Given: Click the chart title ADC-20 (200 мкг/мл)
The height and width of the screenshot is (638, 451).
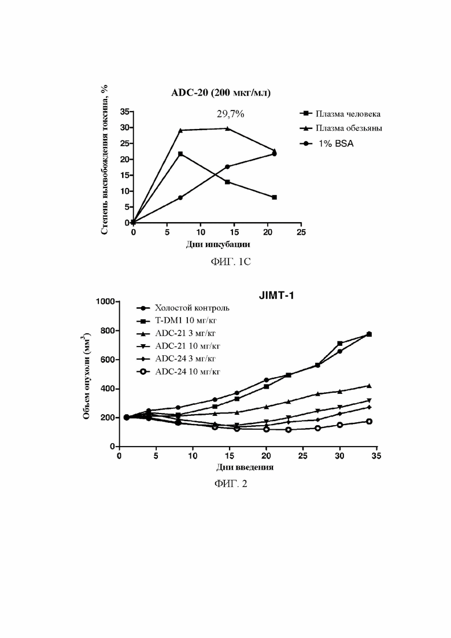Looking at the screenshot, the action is [x=221, y=93].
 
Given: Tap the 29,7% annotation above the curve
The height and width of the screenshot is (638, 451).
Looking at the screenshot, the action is [x=230, y=114].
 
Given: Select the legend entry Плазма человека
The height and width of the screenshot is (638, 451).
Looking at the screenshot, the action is [x=340, y=114].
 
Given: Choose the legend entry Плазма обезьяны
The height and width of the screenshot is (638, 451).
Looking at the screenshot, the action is [x=341, y=128].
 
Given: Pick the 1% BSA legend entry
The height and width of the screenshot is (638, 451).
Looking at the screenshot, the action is [x=327, y=143].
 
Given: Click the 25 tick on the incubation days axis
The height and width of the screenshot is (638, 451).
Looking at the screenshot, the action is [x=301, y=233].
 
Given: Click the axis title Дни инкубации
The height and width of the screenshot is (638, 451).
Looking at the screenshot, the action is [x=217, y=245].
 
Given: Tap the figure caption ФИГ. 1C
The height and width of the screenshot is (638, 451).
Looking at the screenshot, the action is [x=230, y=261].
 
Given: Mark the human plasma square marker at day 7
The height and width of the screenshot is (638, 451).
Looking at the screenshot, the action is [x=180, y=154].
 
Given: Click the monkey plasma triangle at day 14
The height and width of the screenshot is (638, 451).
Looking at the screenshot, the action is [x=227, y=128].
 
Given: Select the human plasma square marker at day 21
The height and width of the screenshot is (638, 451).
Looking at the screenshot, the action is [x=275, y=197].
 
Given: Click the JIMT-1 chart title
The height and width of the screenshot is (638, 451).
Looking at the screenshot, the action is [x=276, y=296].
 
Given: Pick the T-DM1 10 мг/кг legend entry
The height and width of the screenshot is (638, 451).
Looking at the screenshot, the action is [x=177, y=320].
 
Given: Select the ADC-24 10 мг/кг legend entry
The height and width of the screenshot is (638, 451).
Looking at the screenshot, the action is [x=179, y=371].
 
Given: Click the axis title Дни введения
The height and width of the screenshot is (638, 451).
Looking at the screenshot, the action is [x=245, y=467].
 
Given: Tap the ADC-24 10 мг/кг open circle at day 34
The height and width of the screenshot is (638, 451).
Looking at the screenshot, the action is [x=369, y=422].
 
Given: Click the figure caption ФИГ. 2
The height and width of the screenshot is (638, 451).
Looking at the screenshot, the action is [x=231, y=484].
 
